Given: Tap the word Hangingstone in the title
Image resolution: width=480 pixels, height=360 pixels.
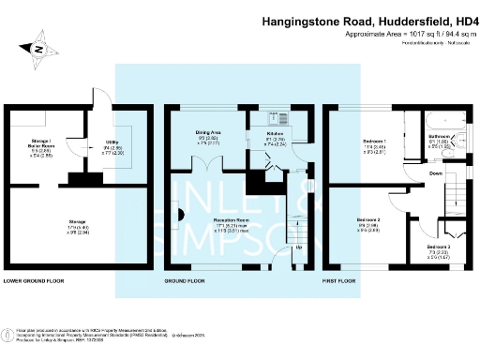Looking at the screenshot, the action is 301,18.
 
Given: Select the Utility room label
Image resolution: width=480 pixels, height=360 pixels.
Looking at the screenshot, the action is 111,142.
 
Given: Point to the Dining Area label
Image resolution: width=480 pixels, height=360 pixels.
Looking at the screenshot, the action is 208,133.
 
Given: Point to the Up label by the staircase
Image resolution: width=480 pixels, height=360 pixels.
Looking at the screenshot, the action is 299,248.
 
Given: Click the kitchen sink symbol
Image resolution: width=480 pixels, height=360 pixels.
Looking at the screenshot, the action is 277,118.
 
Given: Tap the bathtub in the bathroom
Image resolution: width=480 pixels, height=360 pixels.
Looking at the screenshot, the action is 440,119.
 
